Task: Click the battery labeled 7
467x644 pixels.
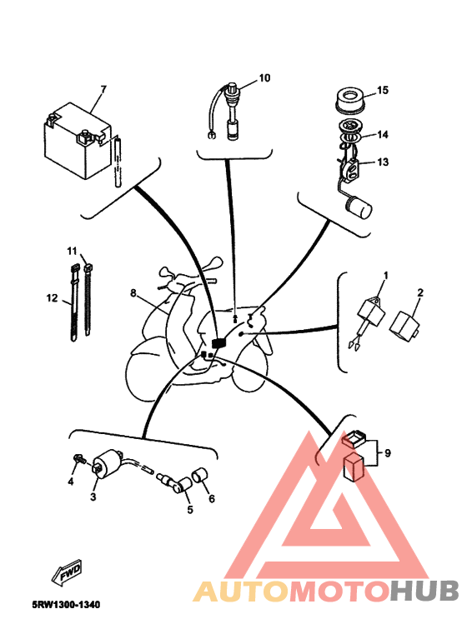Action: coord(78,141)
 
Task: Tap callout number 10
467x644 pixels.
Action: coord(264,78)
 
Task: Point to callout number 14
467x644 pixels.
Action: coord(383,134)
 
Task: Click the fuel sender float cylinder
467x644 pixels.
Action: coord(360,207)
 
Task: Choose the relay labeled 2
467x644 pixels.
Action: coord(405,326)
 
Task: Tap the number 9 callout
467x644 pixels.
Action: coord(387,453)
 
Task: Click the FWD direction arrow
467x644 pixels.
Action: coord(67,572)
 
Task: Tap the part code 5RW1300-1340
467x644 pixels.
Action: coord(67,605)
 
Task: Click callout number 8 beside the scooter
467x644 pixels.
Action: coord(133,292)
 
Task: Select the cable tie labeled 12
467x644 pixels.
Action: coord(74,304)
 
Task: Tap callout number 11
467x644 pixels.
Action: coord(72,250)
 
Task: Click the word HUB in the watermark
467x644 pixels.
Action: coord(424,591)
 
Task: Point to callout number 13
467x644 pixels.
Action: coord(383,162)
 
